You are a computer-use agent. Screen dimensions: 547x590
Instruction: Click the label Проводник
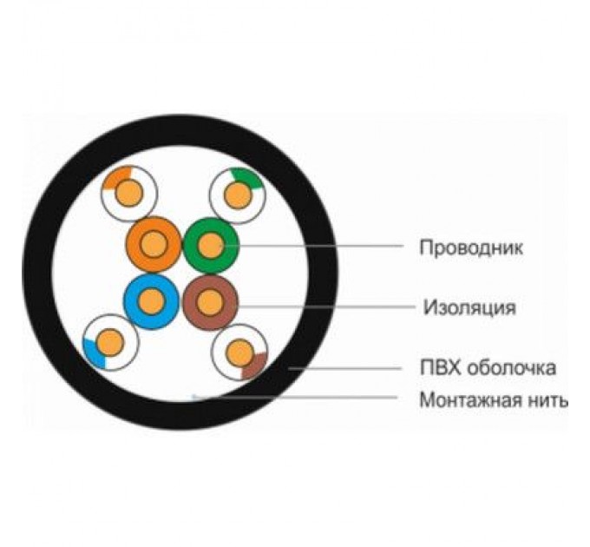[471, 247]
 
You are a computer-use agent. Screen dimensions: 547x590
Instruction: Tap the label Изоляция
[469, 307]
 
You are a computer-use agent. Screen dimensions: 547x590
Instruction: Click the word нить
[547, 401]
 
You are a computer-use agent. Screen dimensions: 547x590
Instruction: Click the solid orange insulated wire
[153, 246]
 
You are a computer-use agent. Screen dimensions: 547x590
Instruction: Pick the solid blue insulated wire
[152, 302]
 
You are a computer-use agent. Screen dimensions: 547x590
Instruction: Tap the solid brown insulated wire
[210, 302]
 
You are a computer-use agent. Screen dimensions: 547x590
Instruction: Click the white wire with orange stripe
[128, 193]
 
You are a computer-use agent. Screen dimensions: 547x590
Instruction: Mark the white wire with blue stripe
[110, 341]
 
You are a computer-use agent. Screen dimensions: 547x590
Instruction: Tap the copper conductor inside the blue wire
[152, 302]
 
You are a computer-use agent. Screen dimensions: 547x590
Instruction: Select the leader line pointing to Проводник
[321, 247]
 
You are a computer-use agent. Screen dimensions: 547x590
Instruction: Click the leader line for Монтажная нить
[304, 399]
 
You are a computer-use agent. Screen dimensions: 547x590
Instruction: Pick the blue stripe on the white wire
[92, 351]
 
